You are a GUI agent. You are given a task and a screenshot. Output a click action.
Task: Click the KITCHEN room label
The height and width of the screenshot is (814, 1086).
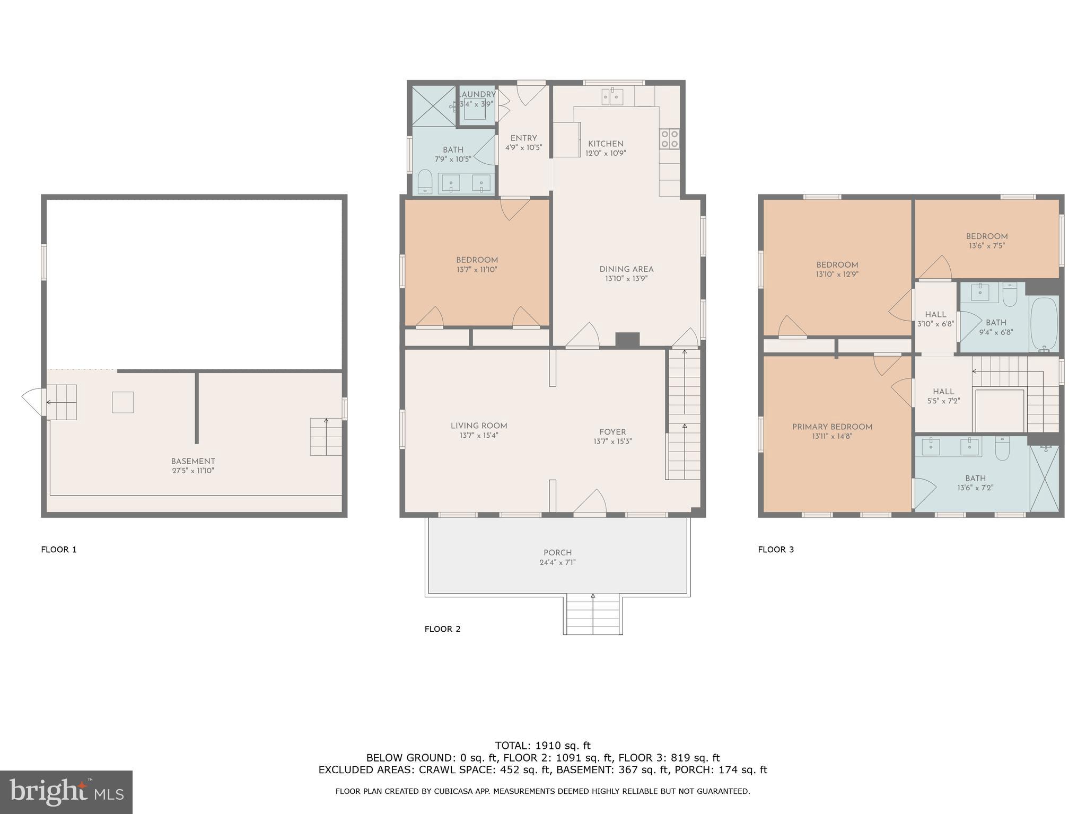[606, 144]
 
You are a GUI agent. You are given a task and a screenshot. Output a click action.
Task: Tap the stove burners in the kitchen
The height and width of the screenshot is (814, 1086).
[669, 139]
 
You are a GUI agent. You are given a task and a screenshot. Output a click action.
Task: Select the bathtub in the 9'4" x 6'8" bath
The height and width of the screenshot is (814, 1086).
[1044, 323]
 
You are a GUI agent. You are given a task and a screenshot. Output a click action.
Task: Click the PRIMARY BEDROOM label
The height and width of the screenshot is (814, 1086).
[832, 427]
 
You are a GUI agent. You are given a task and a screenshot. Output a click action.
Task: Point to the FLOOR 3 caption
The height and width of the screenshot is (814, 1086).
[776, 550]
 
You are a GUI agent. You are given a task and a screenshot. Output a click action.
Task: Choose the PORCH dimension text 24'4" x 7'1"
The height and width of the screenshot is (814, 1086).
[557, 562]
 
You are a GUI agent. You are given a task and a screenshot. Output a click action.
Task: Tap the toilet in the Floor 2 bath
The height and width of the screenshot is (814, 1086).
[425, 182]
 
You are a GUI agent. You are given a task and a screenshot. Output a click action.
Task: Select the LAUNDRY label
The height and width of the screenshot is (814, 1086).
[477, 94]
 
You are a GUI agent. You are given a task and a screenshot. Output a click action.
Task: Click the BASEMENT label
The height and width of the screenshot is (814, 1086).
[193, 461]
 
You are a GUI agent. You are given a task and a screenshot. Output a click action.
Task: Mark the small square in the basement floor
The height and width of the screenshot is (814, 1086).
[122, 402]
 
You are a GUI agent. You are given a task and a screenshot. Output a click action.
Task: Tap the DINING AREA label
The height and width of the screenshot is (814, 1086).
[626, 269]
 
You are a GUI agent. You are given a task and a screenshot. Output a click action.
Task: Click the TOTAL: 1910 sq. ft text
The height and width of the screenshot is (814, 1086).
[542, 746]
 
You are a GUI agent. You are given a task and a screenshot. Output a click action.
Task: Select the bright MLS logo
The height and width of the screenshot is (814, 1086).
[66, 792]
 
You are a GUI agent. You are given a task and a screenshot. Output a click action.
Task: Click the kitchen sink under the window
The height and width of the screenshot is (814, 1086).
[612, 97]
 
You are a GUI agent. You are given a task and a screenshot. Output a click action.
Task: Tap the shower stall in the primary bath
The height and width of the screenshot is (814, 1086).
[1044, 479]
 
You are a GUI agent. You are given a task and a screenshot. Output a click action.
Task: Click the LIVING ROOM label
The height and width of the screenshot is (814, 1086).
[479, 426]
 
